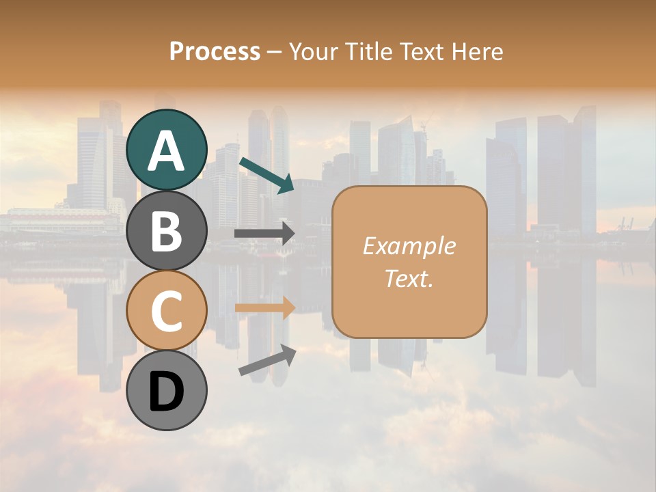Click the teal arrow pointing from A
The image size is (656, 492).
pos(266,175)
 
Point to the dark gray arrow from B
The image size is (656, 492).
pos(264,234)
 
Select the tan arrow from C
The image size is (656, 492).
pos(264,307)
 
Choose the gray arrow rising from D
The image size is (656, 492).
pos(267,360)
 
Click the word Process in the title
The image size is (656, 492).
pos(215,52)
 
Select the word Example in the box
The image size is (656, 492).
pos(409,246)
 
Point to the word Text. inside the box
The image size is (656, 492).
pos(409,278)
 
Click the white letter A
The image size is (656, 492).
pos(167,150)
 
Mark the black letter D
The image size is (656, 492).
pos(167,392)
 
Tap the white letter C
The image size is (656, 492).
pos(167,312)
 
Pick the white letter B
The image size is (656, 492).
pos(167,231)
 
